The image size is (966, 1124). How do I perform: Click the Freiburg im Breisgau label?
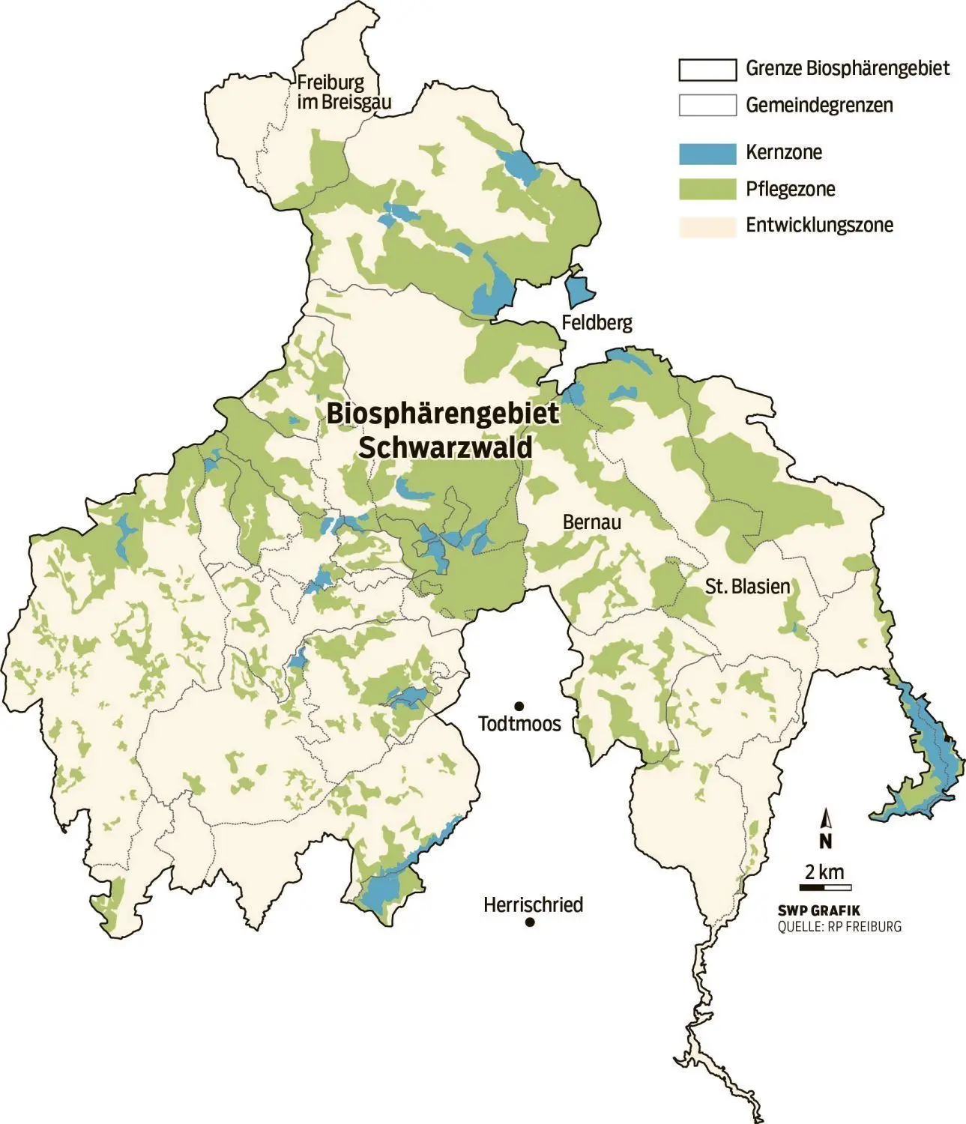point(343,93)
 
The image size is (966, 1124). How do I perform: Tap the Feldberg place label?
point(597,323)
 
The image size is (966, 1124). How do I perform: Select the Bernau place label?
point(591,522)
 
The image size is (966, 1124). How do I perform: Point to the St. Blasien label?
point(747,587)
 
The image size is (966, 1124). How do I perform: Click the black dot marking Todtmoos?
point(518,706)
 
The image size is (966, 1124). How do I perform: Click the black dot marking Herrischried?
point(530,922)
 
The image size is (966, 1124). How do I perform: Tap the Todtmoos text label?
point(519,725)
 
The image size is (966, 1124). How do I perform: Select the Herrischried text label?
point(533,905)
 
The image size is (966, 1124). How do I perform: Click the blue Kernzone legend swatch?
point(707,153)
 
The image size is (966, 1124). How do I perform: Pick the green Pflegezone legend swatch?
point(707,190)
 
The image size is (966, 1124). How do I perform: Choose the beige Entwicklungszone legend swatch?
point(707,226)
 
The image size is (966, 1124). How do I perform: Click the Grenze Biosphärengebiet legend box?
point(707,69)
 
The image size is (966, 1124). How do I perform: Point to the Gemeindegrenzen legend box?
point(707,106)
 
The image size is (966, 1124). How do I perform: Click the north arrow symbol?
point(826,830)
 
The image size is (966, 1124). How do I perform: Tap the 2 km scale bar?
point(824,886)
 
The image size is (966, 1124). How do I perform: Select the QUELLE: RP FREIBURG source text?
point(839,927)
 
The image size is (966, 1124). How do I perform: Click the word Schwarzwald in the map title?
point(445,447)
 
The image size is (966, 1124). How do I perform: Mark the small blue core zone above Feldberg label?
point(579,290)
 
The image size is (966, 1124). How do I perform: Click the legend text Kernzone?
point(783,153)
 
